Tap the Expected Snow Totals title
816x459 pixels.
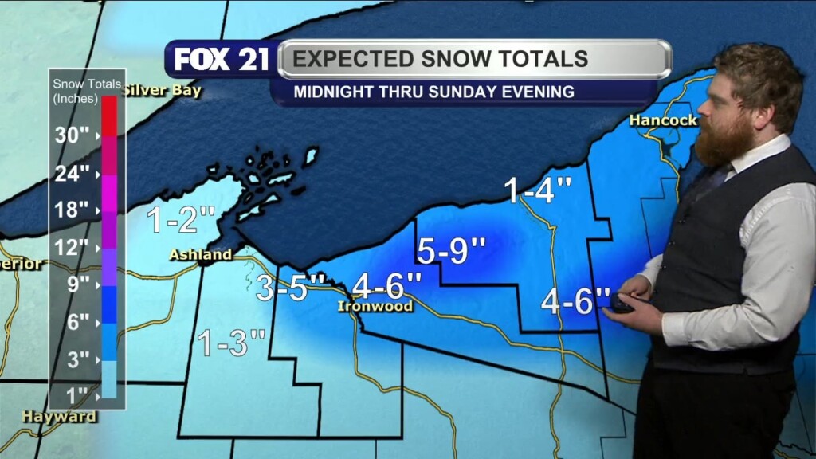(440, 59)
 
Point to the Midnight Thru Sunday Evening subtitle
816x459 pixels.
(433, 92)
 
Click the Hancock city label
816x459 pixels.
(663, 120)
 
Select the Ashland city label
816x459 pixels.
(200, 255)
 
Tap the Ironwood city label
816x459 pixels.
(375, 306)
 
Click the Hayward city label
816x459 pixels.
(60, 416)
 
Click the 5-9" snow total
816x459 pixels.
(451, 251)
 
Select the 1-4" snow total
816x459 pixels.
(538, 190)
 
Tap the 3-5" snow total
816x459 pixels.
(291, 288)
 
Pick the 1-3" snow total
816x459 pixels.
(231, 343)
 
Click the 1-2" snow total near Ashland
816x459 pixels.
(182, 219)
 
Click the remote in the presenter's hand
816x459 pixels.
(619, 304)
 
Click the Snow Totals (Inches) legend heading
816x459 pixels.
(86, 91)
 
